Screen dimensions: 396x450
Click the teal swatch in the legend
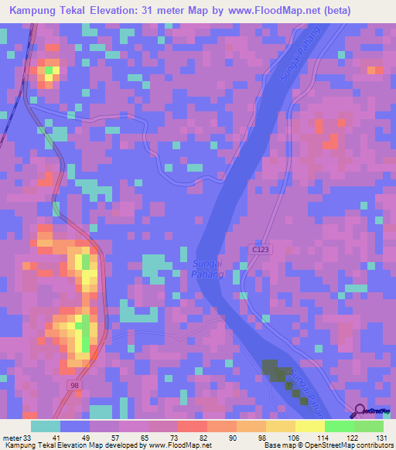pyautogui.click(x=46, y=426)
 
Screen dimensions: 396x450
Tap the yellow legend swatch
pyautogui.click(x=309, y=426)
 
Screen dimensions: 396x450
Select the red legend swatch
pyautogui.click(x=192, y=426)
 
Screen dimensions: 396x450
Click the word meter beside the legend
pyautogui.click(x=12, y=438)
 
